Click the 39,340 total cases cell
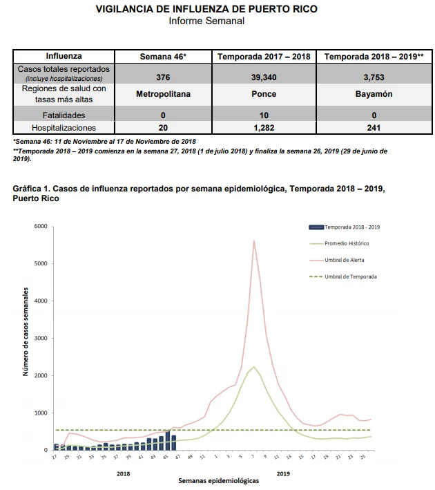click(264, 77)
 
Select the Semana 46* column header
click(163, 57)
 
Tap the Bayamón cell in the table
click(374, 94)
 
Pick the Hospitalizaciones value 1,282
click(264, 127)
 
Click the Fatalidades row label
click(64, 115)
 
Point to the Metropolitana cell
click(163, 94)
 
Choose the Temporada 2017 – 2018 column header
click(264, 57)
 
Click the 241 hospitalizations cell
click(374, 127)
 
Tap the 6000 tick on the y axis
click(41, 226)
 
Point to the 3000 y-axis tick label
click(41, 338)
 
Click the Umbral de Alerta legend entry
click(336, 260)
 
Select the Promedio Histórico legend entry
click(339, 243)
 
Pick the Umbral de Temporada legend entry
click(343, 276)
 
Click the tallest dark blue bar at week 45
click(168, 441)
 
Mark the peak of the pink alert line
click(254, 241)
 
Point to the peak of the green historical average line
click(254, 366)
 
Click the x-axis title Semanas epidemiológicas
click(219, 480)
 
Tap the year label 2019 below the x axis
click(283, 473)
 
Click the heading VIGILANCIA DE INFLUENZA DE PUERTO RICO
click(206, 9)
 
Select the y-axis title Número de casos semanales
click(26, 332)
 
